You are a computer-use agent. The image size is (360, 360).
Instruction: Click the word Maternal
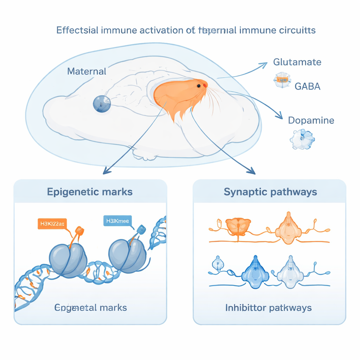pyautogui.click(x=86, y=71)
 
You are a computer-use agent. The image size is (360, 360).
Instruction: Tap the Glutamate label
pyautogui.click(x=297, y=62)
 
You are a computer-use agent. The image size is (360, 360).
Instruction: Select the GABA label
pyautogui.click(x=307, y=86)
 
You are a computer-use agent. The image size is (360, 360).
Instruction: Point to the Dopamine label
pyautogui.click(x=311, y=120)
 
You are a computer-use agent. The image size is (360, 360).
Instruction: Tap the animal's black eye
pyautogui.click(x=199, y=86)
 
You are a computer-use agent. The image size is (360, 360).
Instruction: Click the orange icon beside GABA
pyautogui.click(x=281, y=81)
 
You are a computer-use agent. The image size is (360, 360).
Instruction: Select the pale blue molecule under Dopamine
pyautogui.click(x=302, y=140)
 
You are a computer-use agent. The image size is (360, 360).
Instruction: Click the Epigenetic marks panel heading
pyautogui.click(x=90, y=192)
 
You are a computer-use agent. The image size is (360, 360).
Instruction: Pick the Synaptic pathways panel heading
pyautogui.click(x=270, y=192)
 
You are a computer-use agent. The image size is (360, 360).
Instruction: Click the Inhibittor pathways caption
pyautogui.click(x=268, y=308)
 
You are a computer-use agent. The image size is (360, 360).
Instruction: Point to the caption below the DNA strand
pyautogui.click(x=91, y=308)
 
